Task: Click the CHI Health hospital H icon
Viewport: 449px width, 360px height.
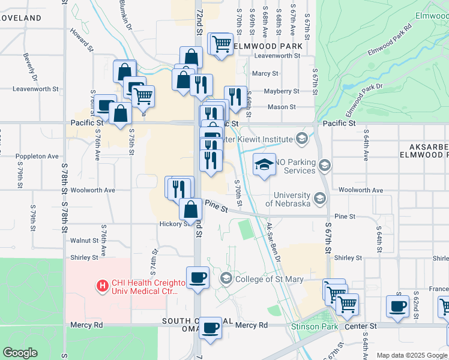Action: pos(103,286)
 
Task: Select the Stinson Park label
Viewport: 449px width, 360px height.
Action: pos(310,326)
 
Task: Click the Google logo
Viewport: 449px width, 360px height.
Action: pos(20,353)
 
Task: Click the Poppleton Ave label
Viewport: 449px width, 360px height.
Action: pos(37,157)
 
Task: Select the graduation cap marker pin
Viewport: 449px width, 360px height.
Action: pos(264,164)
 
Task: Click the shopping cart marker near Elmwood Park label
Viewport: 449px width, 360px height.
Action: pos(221,44)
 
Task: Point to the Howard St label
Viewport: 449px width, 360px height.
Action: pos(82,39)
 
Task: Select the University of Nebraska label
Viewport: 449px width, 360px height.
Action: pos(292,199)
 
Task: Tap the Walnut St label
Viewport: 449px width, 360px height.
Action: pos(84,241)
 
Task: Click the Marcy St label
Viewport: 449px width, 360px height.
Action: pos(265,74)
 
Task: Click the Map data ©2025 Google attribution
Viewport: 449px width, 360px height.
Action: pos(412,355)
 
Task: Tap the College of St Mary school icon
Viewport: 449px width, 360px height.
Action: pos(226,278)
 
